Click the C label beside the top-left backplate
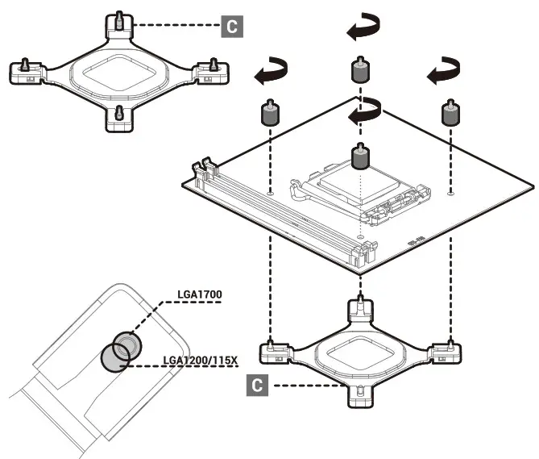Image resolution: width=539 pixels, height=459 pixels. point(231,27)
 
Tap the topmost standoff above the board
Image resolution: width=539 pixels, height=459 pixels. point(360,71)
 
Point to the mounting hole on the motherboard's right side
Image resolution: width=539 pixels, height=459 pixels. point(450,194)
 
